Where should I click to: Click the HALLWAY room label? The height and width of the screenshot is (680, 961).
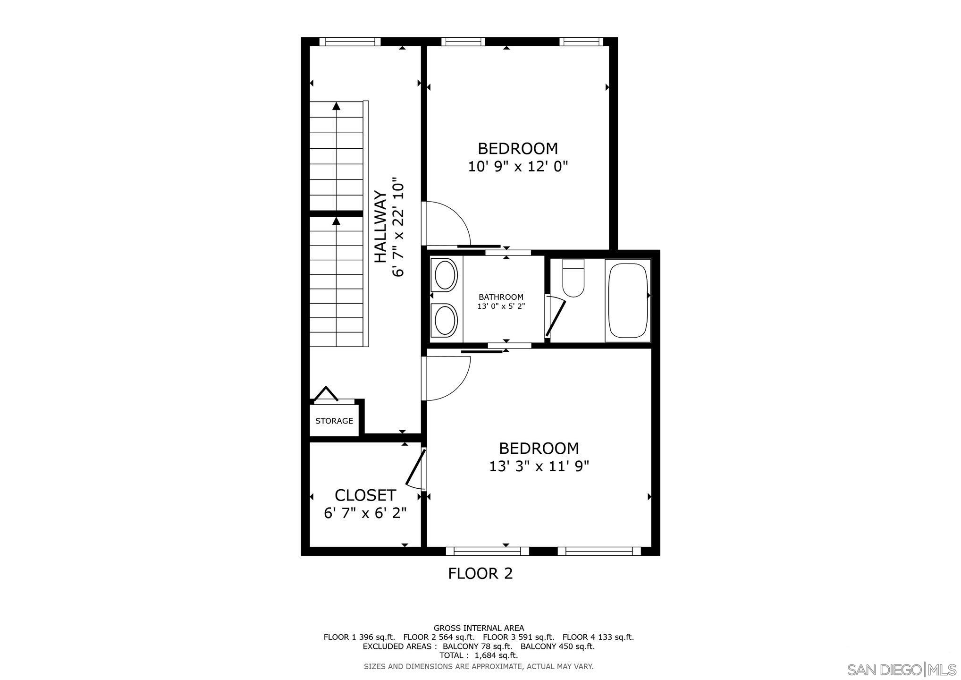click(x=380, y=227)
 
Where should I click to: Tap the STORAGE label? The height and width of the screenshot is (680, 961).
click(x=334, y=421)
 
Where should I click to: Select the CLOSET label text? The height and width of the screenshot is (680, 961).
click(x=365, y=495)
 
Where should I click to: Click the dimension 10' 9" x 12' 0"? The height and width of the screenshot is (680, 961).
click(x=518, y=167)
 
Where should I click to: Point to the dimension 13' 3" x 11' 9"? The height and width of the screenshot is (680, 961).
click(x=539, y=467)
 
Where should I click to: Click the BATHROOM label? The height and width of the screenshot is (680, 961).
click(x=501, y=297)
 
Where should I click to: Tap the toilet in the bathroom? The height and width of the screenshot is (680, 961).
click(x=573, y=279)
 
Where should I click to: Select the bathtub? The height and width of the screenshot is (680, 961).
click(x=627, y=300)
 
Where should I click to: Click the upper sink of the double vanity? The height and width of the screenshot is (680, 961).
click(x=445, y=275)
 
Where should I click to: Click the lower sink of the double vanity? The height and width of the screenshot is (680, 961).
click(x=445, y=321)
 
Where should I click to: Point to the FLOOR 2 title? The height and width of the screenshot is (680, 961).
click(x=480, y=573)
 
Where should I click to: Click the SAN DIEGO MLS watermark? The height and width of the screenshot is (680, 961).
click(x=902, y=670)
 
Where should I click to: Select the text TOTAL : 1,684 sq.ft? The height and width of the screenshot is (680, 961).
click(x=479, y=655)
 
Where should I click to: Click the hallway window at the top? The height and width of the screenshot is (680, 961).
click(x=350, y=42)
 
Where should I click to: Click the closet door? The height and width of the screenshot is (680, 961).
click(x=416, y=467)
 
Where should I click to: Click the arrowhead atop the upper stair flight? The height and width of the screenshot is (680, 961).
click(x=336, y=106)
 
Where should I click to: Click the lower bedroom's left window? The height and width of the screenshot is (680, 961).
click(x=487, y=551)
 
